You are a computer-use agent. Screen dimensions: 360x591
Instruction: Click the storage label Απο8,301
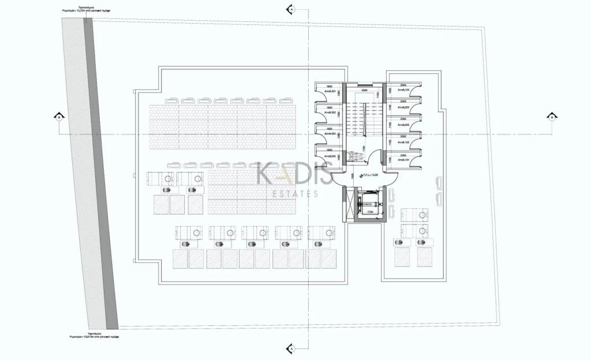coord(330,92)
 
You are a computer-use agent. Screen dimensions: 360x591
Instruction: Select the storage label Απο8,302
coord(330,112)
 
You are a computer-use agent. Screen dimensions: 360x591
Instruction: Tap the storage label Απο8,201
coord(330,134)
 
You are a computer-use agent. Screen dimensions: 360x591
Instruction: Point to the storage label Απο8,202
coord(330,156)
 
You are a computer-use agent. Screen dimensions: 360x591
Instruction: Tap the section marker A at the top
coord(291,10)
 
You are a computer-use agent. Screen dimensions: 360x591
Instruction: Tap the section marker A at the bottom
coord(291,349)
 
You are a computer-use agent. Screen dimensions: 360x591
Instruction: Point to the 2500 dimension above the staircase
coord(364,91)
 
